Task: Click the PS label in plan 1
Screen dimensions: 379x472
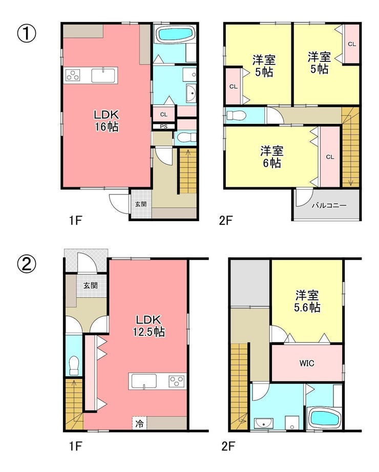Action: click(163, 127)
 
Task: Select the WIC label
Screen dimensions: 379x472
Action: click(307, 363)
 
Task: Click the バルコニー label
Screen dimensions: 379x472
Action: click(329, 206)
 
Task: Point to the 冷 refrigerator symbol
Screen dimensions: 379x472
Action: click(139, 424)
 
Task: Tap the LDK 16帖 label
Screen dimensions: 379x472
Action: click(107, 121)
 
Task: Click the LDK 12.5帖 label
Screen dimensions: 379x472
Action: click(149, 326)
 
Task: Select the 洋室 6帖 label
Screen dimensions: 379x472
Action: click(272, 157)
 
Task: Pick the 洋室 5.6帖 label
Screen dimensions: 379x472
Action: click(307, 302)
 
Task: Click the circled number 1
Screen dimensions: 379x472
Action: click(27, 33)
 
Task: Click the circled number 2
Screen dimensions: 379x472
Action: click(27, 265)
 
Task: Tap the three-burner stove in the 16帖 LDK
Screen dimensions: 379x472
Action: click(73, 75)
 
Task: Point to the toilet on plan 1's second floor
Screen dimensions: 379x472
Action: click(236, 116)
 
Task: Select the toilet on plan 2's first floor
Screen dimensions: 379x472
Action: click(74, 366)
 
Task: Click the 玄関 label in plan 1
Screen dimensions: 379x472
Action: click(140, 204)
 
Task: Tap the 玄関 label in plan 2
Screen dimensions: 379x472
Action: click(90, 285)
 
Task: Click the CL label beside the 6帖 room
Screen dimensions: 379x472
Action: click(330, 157)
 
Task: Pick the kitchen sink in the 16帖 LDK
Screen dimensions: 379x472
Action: click(103, 75)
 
